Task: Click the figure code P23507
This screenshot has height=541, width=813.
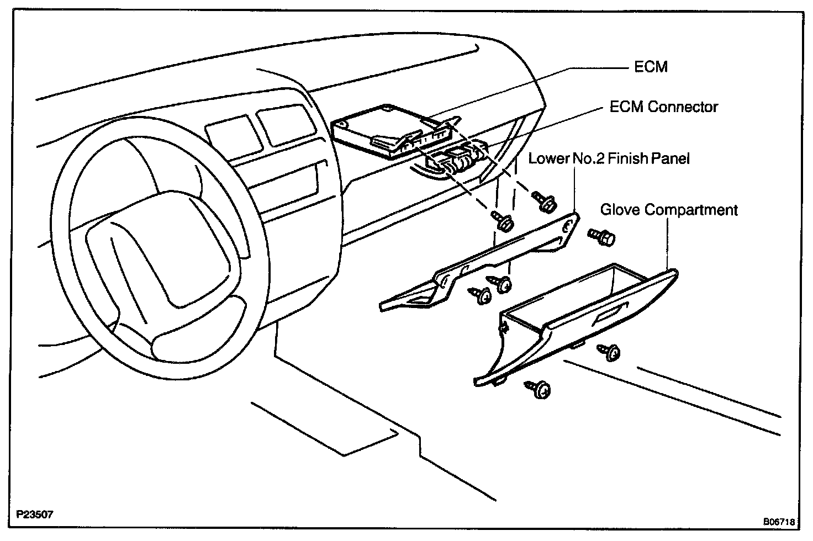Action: tap(35, 515)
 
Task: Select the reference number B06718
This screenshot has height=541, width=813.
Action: tap(779, 521)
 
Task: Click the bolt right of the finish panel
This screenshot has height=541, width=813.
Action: tap(602, 237)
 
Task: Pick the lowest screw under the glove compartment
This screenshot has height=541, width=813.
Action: tap(539, 389)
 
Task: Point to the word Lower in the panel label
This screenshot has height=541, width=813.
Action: tap(548, 159)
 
